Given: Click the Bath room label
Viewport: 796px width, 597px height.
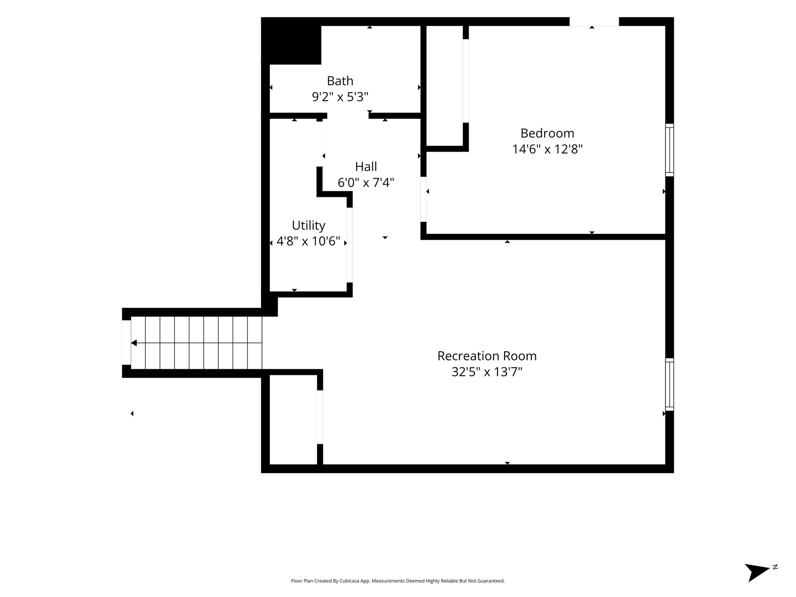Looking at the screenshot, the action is (340, 81).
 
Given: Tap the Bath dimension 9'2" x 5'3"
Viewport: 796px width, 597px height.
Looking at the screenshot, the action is (340, 97).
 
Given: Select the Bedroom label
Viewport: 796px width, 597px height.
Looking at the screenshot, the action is (547, 133).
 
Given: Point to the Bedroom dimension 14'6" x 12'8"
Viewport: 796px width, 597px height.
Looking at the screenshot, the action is (547, 149).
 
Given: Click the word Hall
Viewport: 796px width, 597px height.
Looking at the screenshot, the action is (366, 167).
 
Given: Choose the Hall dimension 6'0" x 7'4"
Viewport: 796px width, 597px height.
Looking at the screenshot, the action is (366, 183).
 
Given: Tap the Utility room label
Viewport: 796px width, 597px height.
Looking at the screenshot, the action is (309, 226).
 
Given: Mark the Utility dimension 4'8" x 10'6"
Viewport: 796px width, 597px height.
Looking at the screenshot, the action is (309, 242).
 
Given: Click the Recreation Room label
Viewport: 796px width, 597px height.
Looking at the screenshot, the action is (487, 356).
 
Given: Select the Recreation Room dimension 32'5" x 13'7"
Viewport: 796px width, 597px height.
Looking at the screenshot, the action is (487, 372).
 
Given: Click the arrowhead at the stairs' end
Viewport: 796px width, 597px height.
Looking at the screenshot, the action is (134, 343).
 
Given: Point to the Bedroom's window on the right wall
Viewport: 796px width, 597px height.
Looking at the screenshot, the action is (669, 150).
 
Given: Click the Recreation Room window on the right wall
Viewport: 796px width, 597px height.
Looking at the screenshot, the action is (669, 384).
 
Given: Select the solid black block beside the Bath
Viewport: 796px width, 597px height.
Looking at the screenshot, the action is (292, 41).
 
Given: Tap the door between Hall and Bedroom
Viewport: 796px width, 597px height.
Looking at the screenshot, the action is (424, 199).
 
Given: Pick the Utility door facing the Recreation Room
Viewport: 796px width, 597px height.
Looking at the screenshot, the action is (349, 245).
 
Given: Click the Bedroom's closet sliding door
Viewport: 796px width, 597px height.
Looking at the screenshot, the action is (466, 81).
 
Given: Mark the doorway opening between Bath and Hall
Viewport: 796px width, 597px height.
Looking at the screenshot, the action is (348, 115).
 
